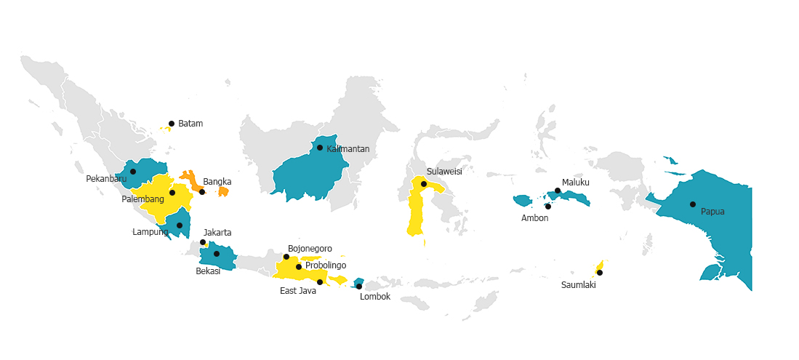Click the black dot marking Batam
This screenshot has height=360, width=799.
pos(172,124)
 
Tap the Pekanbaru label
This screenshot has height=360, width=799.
pos(106,179)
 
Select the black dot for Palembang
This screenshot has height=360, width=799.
pos(172,193)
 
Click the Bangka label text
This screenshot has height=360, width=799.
pos(217,182)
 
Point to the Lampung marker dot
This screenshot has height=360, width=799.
pos(180,225)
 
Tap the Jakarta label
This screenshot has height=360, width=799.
pos(217,233)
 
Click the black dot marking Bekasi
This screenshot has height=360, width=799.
pos(217,254)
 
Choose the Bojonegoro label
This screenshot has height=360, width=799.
pos(310,249)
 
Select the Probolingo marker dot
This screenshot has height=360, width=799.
pos(299,267)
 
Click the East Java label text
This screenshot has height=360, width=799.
pos(298,291)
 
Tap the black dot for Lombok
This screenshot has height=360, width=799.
pos(359,287)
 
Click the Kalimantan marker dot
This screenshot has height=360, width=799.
pos(320,148)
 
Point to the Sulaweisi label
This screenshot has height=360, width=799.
pos(444,172)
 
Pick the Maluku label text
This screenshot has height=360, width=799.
pos(576,183)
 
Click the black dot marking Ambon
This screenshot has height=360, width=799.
pos(548,207)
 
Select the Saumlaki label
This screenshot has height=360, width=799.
pos(579,285)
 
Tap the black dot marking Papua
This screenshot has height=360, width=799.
pos(693,204)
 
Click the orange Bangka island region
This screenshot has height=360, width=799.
pos(192,179)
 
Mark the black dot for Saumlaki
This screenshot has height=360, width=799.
pos(600,273)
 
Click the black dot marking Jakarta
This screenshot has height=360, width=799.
pos(203,242)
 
